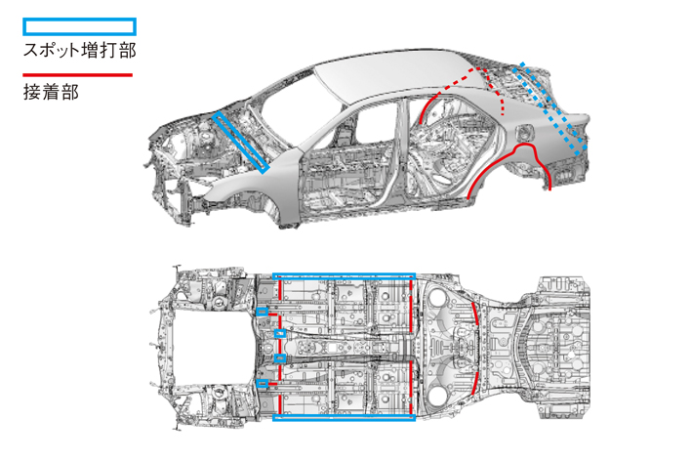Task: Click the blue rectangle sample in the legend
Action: [x=78, y=26]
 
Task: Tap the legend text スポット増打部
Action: [x=78, y=49]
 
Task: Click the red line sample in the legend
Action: [x=78, y=73]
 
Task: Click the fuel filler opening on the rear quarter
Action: [x=528, y=133]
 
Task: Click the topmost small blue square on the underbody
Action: [x=263, y=312]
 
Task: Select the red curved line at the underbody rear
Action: [x=476, y=348]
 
